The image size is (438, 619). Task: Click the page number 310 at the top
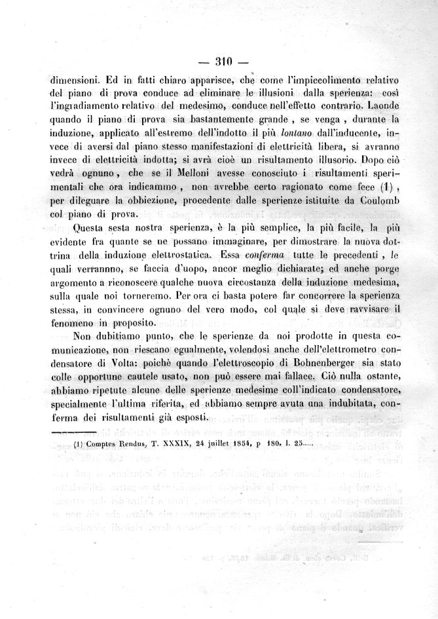coord(224,63)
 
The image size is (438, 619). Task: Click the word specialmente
coord(82,404)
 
